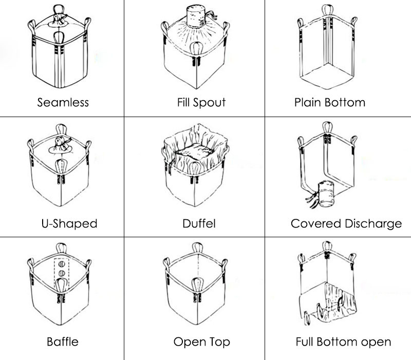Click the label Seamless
pos(63,102)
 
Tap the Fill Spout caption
pos(201,102)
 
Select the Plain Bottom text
pos(329,102)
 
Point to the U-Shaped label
pos(69,224)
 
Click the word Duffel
pos(198,224)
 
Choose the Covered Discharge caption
pos(346,224)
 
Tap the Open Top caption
pos(201,341)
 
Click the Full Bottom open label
pos(343,341)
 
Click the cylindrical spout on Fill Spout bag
pos(195,18)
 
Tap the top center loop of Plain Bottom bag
pos(325,10)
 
